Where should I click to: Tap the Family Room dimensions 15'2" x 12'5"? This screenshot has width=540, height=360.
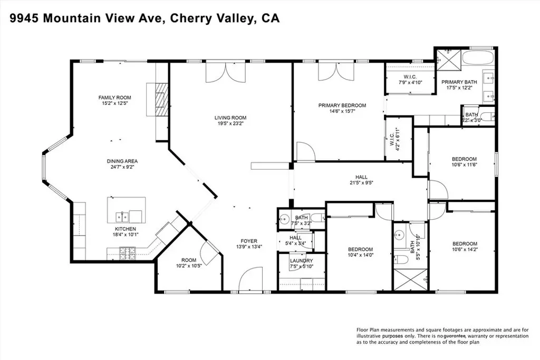(114, 103)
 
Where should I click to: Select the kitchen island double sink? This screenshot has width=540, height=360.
(122, 217)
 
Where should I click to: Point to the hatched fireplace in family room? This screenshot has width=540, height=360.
(160, 100)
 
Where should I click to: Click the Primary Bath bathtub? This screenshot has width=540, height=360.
(478, 58)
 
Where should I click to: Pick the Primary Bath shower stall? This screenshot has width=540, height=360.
(448, 60)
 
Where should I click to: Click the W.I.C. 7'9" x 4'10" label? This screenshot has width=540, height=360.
(410, 80)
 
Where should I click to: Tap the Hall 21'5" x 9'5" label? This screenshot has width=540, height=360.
(361, 180)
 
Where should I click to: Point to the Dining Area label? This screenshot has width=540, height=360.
(122, 164)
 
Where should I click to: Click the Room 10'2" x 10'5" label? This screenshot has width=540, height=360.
(189, 263)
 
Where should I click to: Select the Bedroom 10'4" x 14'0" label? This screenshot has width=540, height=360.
(360, 252)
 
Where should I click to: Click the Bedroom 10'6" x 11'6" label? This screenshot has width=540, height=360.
(464, 162)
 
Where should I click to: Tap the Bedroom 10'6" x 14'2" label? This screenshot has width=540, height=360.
(465, 247)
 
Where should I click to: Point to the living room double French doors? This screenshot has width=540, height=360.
(226, 72)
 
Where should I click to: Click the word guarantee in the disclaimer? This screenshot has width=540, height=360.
(455, 336)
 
